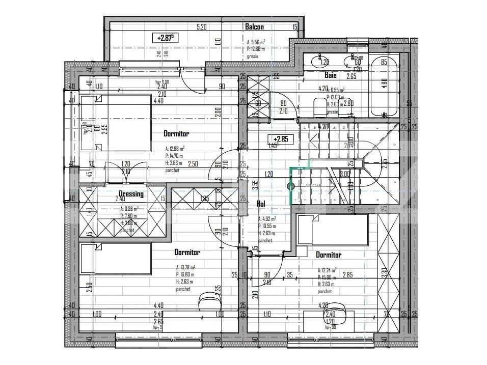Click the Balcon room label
(254, 27)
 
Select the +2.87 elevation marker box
(165, 37)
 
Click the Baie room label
(331, 75)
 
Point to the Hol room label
(260, 203)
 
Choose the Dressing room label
(131, 194)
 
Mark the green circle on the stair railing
(291, 186)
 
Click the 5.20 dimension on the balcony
(201, 27)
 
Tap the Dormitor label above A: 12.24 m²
(329, 255)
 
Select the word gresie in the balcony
(254, 56)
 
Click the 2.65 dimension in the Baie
(351, 77)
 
